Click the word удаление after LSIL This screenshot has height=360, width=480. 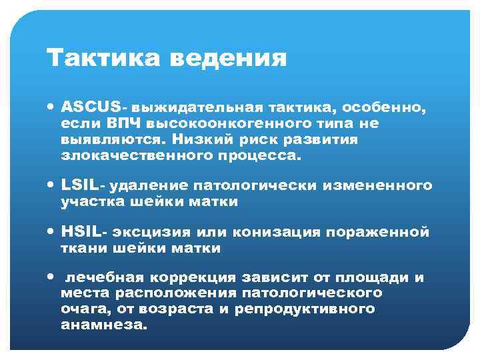[x=146, y=185]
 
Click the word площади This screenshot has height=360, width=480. [x=372, y=277]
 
